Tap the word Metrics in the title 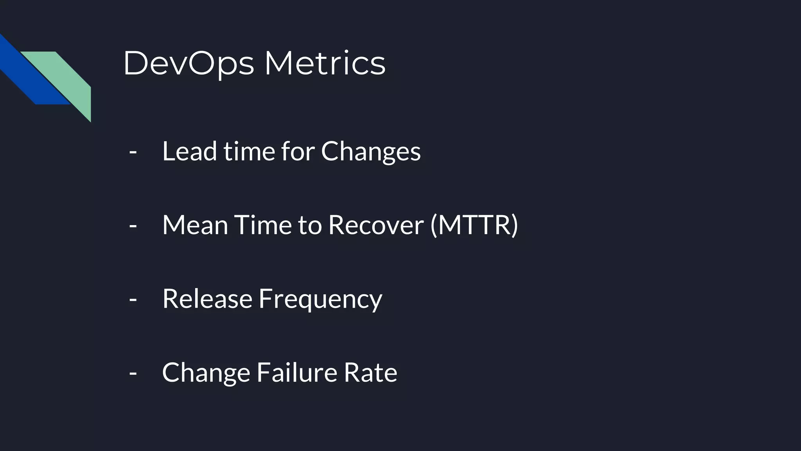pyautogui.click(x=325, y=63)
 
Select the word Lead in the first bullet pyautogui.click(x=189, y=151)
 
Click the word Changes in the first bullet pyautogui.click(x=371, y=152)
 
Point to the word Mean pyautogui.click(x=195, y=225)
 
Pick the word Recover pyautogui.click(x=376, y=225)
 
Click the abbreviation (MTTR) pyautogui.click(x=474, y=225)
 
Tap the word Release pyautogui.click(x=207, y=299)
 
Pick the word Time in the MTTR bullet pyautogui.click(x=263, y=225)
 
